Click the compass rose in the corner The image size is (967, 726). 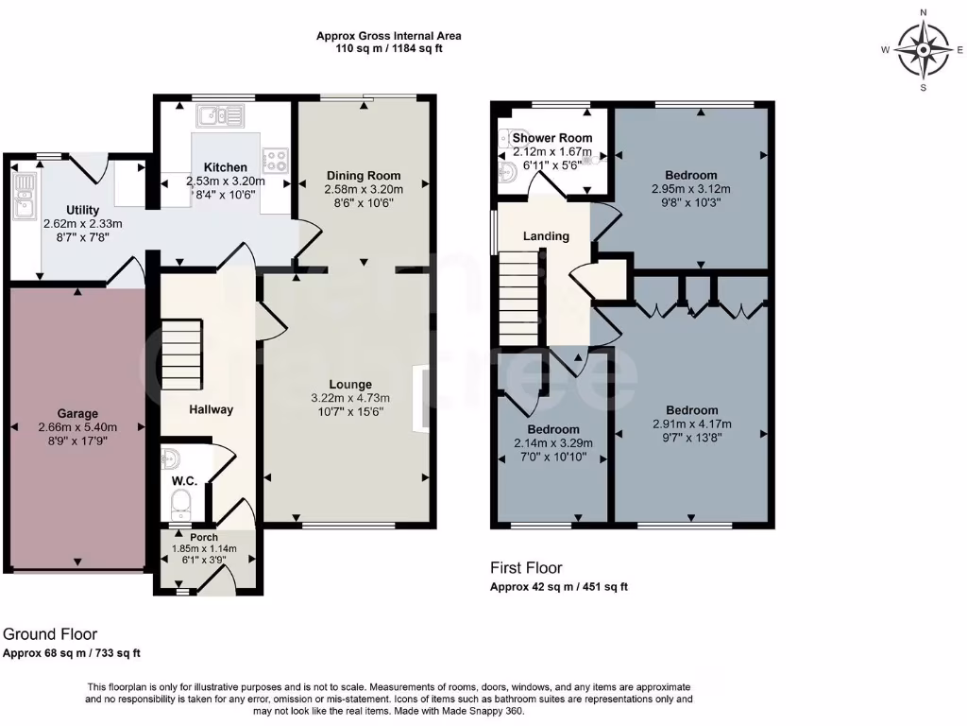(x=924, y=50)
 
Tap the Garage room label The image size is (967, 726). (x=77, y=414)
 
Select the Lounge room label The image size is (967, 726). (x=350, y=385)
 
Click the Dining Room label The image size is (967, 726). (x=364, y=175)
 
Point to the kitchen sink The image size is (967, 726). (x=220, y=115)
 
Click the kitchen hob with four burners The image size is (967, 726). (x=275, y=160)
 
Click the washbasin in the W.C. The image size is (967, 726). (x=170, y=458)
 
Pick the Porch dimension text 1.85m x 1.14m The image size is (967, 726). (x=204, y=548)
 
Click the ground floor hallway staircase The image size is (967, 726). (x=182, y=354)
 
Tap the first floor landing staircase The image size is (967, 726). (x=521, y=299)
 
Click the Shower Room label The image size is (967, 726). (x=551, y=138)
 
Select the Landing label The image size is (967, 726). (x=546, y=235)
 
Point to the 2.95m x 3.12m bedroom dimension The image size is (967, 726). (x=690, y=189)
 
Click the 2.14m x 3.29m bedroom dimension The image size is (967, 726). (x=553, y=443)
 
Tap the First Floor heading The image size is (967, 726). (x=526, y=567)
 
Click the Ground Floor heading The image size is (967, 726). (x=50, y=634)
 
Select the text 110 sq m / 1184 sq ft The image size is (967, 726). (x=388, y=49)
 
